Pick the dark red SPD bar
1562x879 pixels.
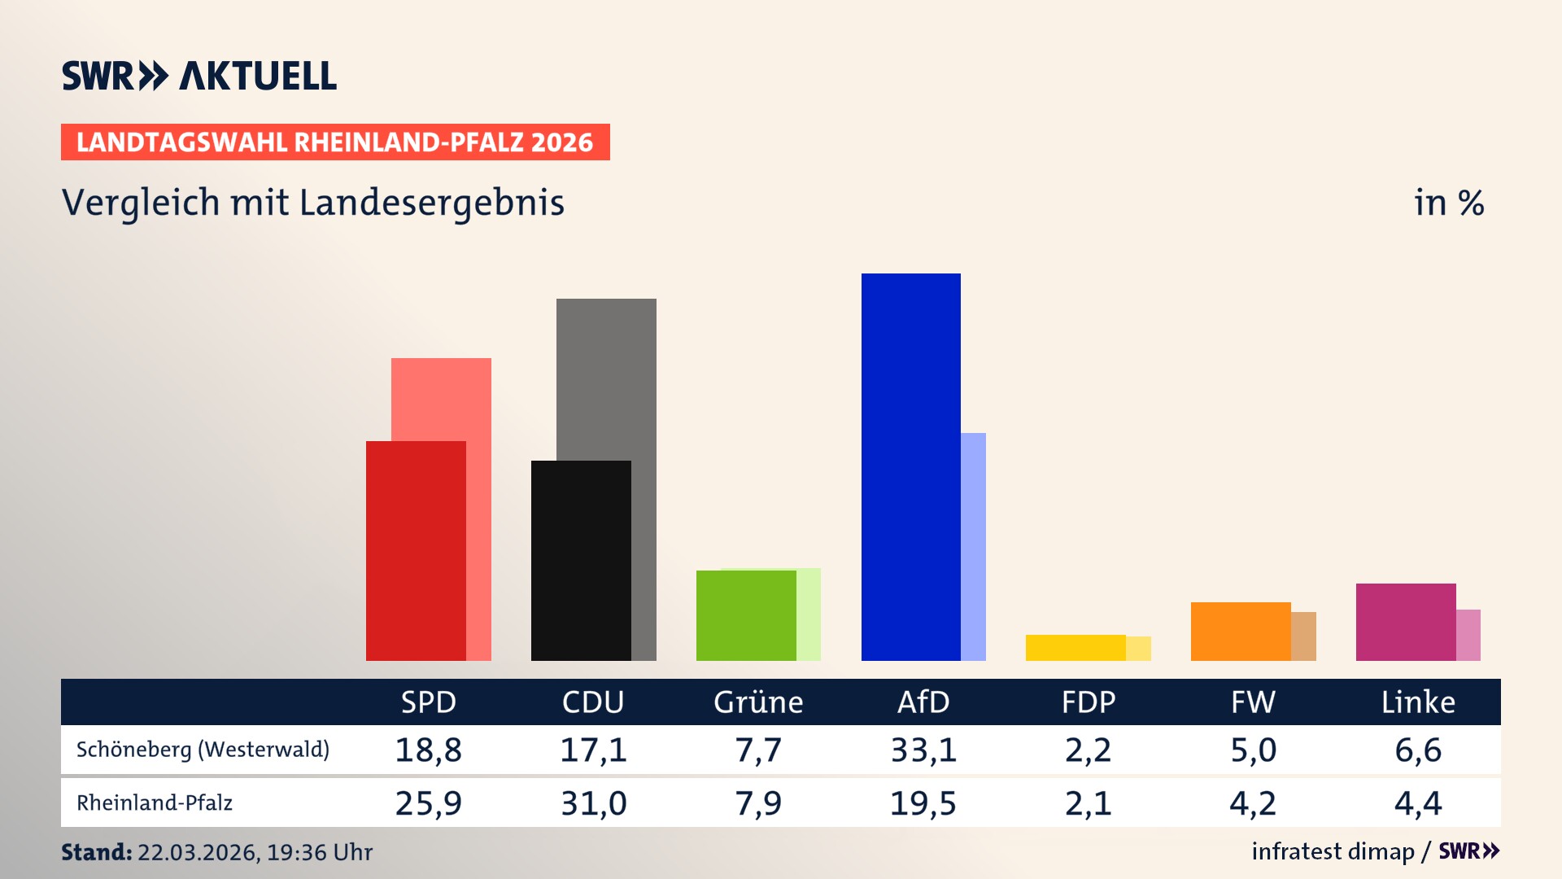pyautogui.click(x=416, y=550)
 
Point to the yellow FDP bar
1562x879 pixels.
pyautogui.click(x=1076, y=647)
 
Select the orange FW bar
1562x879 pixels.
pyautogui.click(x=1241, y=631)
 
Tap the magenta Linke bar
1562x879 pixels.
pyautogui.click(x=1406, y=622)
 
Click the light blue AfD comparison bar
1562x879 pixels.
pyautogui.click(x=974, y=545)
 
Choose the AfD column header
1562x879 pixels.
pyautogui.click(x=923, y=702)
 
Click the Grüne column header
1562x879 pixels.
pyautogui.click(x=758, y=702)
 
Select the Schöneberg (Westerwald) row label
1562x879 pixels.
pyautogui.click(x=203, y=749)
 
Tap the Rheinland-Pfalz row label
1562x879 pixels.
pyautogui.click(x=155, y=802)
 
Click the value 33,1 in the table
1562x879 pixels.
pyautogui.click(x=923, y=750)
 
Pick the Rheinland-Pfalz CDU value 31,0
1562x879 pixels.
pyautogui.click(x=593, y=803)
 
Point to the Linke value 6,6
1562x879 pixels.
pyautogui.click(x=1418, y=750)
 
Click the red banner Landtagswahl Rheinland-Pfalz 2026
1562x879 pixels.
pyautogui.click(x=335, y=142)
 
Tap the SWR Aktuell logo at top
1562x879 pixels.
pyautogui.click(x=199, y=76)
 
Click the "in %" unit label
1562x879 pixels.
pyautogui.click(x=1449, y=203)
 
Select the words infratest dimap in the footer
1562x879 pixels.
pyautogui.click(x=1333, y=851)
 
